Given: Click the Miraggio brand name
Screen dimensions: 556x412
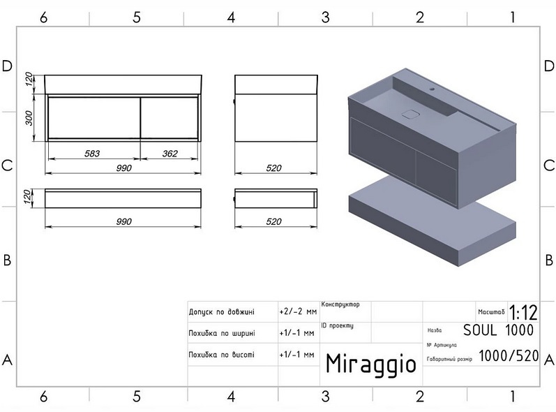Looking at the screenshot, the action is [370, 364].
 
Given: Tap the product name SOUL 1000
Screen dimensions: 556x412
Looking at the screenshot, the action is [499, 330].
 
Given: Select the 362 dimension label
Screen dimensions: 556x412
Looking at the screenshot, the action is [169, 153].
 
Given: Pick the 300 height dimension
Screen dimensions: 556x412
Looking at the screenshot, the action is [29, 118].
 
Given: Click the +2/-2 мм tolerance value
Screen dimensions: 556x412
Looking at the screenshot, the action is [297, 311].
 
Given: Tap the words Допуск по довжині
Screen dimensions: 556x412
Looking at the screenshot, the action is [222, 311].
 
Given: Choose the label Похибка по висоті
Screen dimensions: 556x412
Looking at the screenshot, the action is [222, 355].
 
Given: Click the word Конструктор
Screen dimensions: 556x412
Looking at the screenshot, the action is [340, 304].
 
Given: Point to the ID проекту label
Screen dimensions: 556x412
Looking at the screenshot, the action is [338, 325].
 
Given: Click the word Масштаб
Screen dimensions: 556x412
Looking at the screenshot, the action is [492, 311].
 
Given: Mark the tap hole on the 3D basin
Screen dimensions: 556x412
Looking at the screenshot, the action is [432, 89].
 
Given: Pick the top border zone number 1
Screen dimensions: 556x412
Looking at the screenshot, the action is [513, 17].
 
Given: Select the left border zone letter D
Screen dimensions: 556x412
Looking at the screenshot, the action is [8, 66].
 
